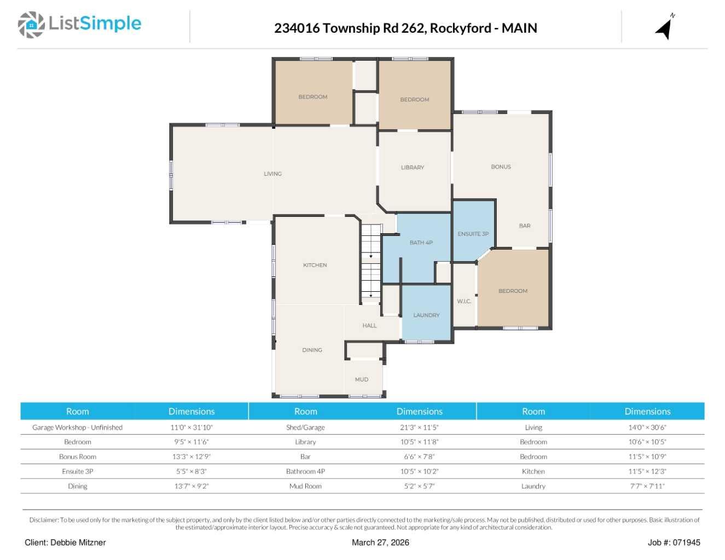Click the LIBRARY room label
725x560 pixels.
click(413, 168)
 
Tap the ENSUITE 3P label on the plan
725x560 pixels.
click(473, 234)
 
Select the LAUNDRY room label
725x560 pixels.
click(426, 315)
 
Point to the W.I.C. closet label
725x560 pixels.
click(464, 302)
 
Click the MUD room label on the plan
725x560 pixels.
click(362, 379)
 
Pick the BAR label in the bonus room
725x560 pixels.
click(525, 226)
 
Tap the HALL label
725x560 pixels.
click(369, 326)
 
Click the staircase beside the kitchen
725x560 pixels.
click(371, 264)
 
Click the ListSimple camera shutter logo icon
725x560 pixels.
click(31, 25)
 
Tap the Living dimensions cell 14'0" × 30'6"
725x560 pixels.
click(647, 428)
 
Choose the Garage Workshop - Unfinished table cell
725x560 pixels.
click(77, 428)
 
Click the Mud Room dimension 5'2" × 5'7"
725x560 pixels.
click(419, 486)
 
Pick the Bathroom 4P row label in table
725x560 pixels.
click(305, 471)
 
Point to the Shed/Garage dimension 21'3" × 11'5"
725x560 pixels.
click(419, 428)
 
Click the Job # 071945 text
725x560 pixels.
click(674, 542)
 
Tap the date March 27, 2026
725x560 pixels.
click(380, 542)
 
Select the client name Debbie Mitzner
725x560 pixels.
click(78, 542)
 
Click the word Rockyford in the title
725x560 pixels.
click(461, 28)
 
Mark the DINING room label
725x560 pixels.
click(312, 350)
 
